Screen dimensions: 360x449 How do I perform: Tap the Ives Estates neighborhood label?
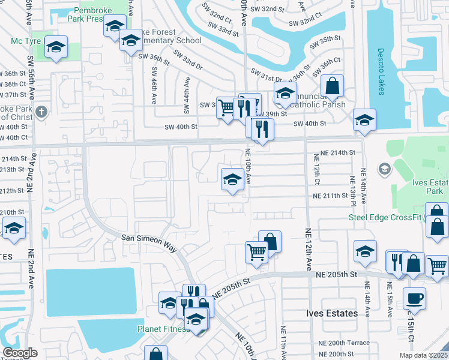point(332,313)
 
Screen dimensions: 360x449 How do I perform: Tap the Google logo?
point(20,353)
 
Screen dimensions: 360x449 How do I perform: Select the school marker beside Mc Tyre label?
point(56,47)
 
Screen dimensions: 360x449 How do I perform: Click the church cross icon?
point(41,112)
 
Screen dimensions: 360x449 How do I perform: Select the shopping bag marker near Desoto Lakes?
point(332,87)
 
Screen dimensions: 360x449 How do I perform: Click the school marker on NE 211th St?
point(232,180)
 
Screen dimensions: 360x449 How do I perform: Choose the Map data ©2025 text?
point(426,355)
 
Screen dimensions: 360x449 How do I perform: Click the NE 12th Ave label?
point(309,247)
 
